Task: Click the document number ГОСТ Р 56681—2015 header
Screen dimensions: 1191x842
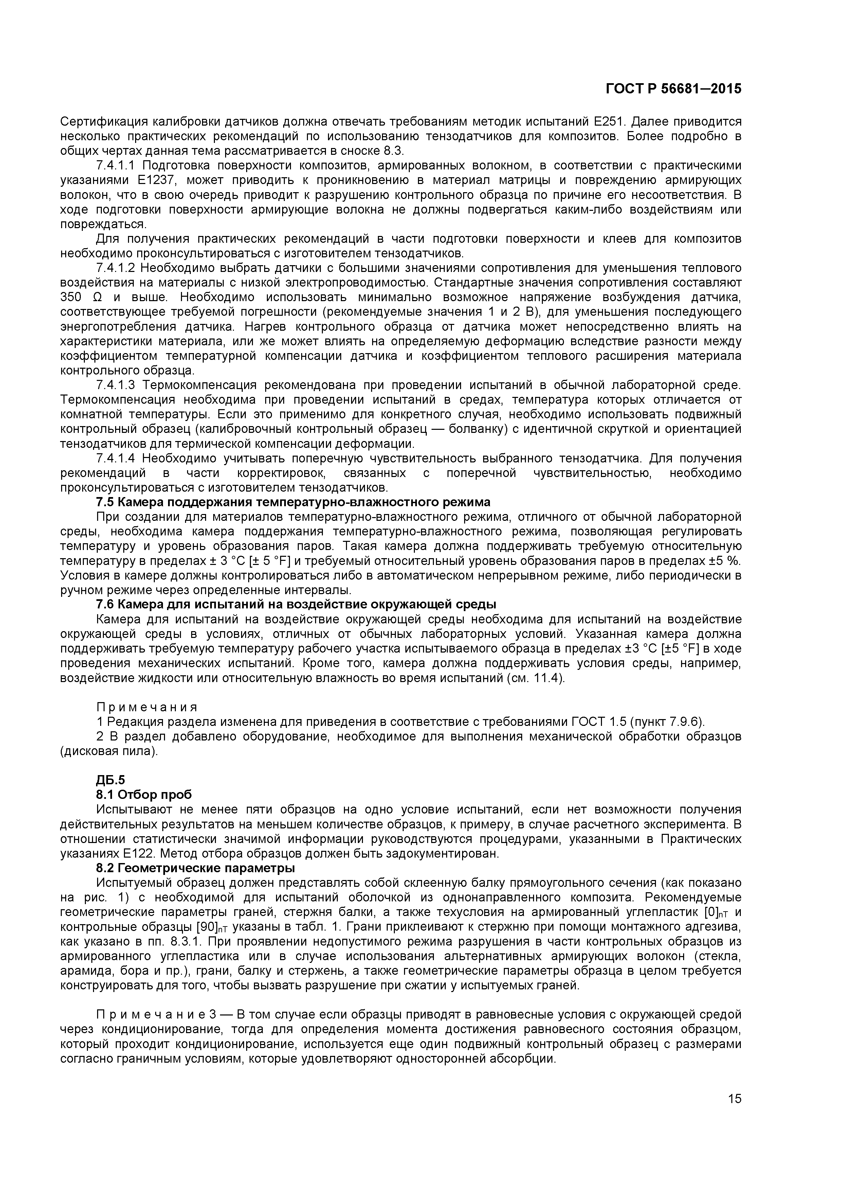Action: pos(673,89)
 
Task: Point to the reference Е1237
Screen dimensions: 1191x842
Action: pos(154,181)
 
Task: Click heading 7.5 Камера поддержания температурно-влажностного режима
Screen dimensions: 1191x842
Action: pos(293,503)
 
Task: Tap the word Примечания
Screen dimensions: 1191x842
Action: pos(147,708)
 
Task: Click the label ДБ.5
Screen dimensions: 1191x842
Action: pos(110,781)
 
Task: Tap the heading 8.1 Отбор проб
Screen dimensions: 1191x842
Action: pos(144,795)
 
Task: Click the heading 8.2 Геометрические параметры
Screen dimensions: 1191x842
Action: pos(195,868)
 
